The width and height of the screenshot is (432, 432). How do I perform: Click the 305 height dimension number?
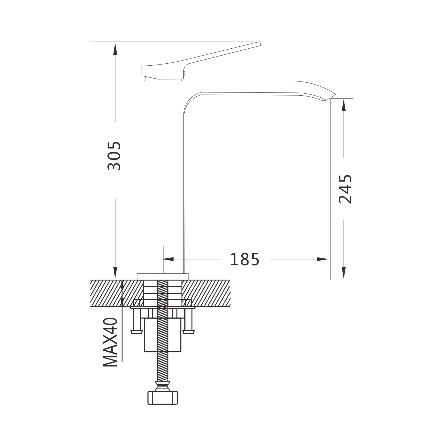(x=114, y=156)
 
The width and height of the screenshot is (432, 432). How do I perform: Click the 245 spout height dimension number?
(x=345, y=189)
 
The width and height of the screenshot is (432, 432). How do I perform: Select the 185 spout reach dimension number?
(x=245, y=259)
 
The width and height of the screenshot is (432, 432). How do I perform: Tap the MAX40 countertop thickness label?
(x=111, y=342)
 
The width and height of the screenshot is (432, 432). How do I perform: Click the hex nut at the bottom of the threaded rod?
(x=163, y=398)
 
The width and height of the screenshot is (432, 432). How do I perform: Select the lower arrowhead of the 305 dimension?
(x=115, y=273)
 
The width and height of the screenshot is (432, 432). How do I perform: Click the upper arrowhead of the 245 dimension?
(x=344, y=105)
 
